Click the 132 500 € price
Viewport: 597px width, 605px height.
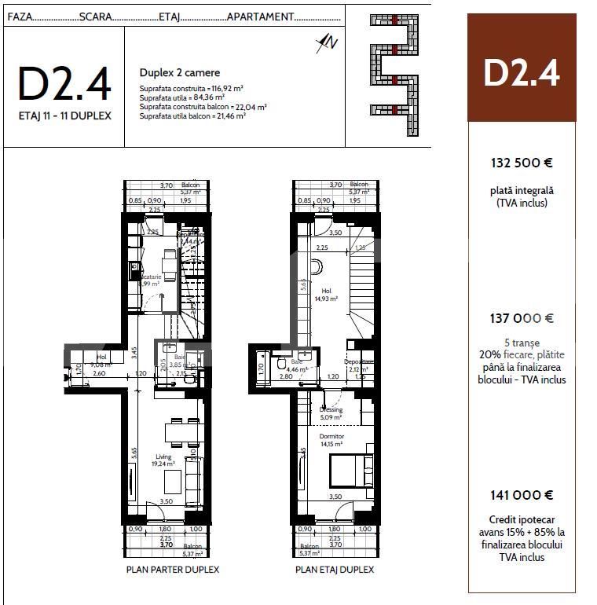tap(522, 163)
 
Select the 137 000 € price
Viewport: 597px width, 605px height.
tap(522, 318)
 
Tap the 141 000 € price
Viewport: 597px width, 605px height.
tap(522, 495)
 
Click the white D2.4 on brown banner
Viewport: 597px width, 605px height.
tap(522, 72)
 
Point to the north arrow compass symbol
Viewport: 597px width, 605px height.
tap(325, 43)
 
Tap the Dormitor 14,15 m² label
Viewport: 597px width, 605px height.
tap(331, 440)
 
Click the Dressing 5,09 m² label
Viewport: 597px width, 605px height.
tap(331, 413)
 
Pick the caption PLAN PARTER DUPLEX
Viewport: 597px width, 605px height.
tap(172, 570)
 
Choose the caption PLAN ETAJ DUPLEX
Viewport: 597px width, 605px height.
tap(335, 570)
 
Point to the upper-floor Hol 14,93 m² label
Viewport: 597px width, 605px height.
tap(326, 295)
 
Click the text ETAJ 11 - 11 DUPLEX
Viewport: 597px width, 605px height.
tap(64, 115)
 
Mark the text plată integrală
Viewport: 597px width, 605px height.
tap(522, 191)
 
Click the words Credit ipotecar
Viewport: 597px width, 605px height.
tap(522, 520)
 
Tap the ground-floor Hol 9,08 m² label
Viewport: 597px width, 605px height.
tap(101, 361)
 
